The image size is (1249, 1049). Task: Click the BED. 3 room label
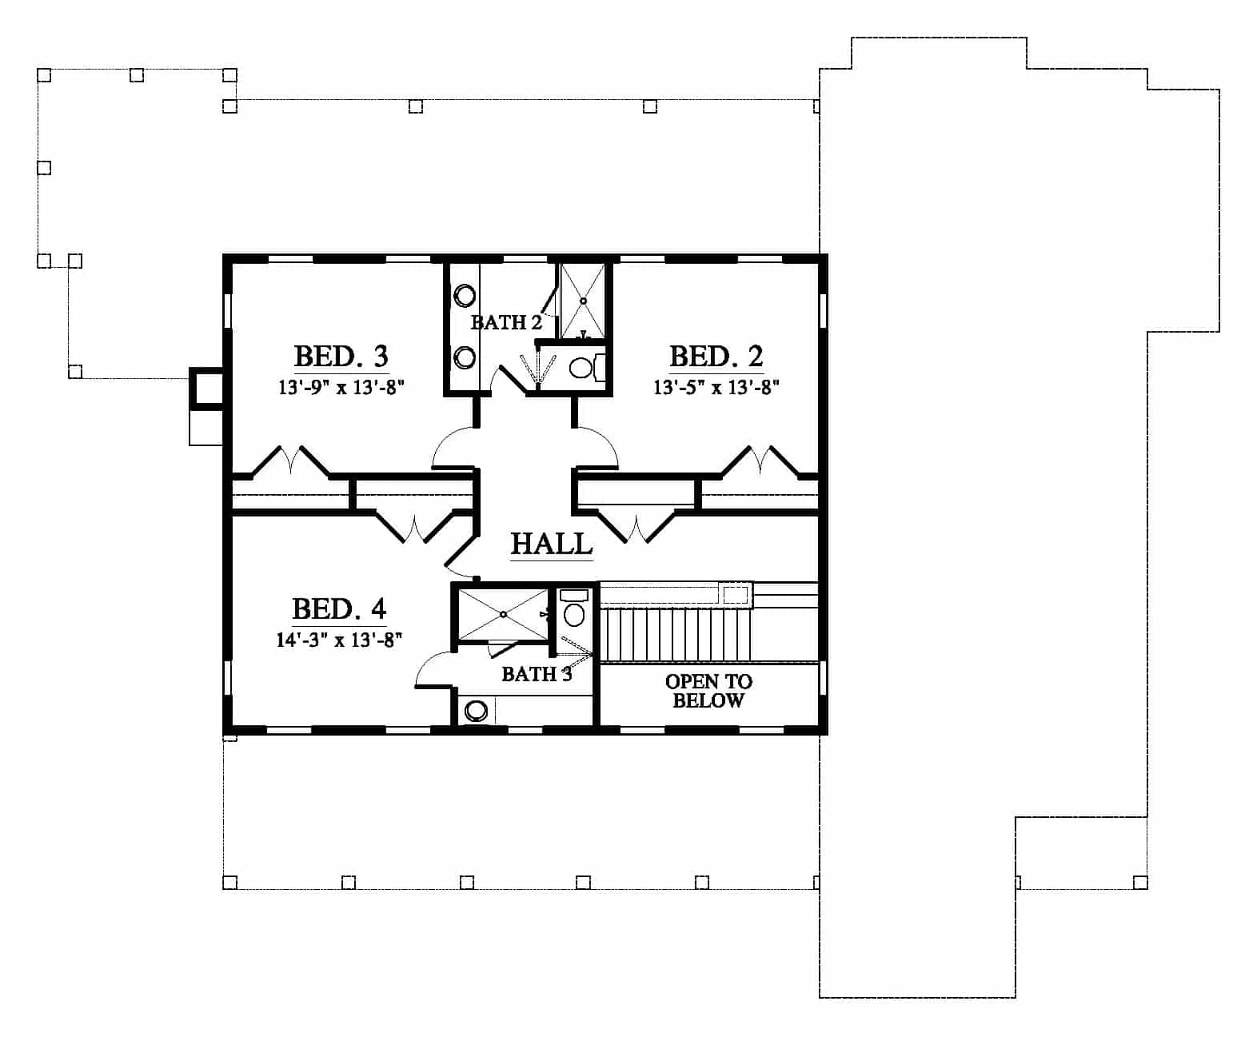pos(341,357)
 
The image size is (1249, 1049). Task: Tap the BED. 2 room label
pos(716,357)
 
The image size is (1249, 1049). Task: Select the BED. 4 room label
pos(339,608)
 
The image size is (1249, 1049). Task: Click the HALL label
pos(552,544)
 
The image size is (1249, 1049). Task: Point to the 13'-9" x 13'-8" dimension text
pos(341,388)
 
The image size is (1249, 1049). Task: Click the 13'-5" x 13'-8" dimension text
pos(716,388)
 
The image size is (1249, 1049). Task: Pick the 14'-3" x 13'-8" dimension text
pos(339,640)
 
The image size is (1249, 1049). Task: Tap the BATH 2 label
pos(506,323)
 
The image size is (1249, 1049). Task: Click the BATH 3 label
pos(537,675)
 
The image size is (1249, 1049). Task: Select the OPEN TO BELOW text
pos(708,691)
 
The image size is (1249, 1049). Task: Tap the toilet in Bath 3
pos(574,608)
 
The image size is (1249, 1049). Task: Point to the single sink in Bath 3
pos(477,711)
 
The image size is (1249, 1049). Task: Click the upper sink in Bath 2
pos(465,296)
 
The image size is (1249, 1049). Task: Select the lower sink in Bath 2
pos(465,357)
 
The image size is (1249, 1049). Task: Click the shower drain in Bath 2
pos(583,301)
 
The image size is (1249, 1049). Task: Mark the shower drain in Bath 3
pos(503,614)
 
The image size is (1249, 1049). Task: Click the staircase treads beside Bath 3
pos(676,634)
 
